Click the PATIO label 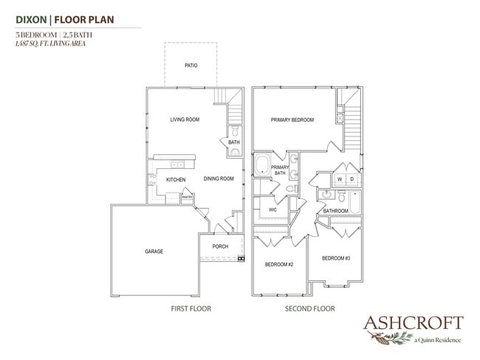[191, 66]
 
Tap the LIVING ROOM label [185, 120]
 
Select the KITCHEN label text [176, 179]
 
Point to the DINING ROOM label [219, 179]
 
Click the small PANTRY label [187, 197]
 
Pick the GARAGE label [154, 252]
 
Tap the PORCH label [220, 246]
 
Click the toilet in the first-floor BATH [235, 131]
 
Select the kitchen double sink [177, 165]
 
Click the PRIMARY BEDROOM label [292, 120]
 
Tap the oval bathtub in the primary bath [263, 165]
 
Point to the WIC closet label [272, 210]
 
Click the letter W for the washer [340, 179]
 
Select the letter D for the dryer [352, 179]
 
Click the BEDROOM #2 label [279, 264]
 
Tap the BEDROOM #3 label [336, 258]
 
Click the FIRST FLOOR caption [191, 308]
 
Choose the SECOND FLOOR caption [310, 308]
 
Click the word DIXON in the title [31, 20]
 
